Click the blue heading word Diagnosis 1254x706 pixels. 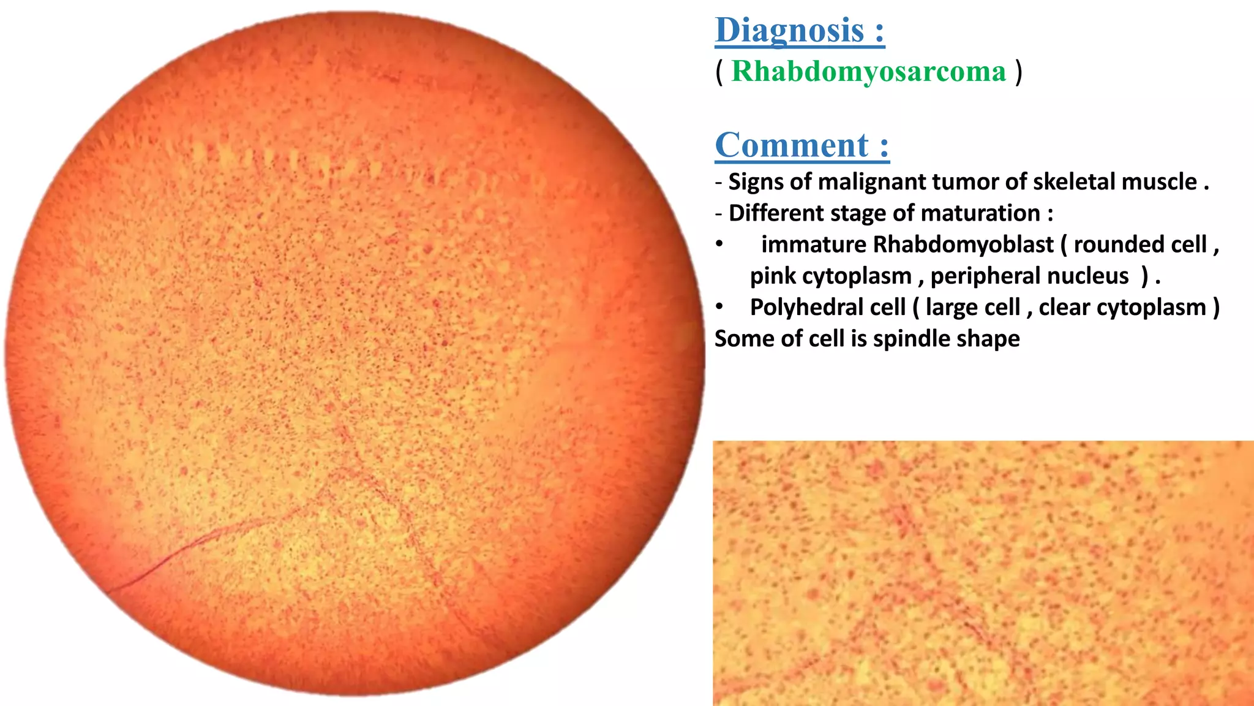click(x=790, y=31)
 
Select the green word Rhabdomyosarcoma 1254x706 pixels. click(x=868, y=72)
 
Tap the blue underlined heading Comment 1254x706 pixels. click(x=792, y=146)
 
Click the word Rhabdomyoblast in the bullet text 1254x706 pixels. click(x=963, y=245)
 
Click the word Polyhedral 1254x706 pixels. click(x=827, y=308)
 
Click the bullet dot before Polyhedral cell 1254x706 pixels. click(x=720, y=306)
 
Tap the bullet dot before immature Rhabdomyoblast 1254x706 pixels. click(x=720, y=244)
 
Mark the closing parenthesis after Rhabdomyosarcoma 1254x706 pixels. click(x=1018, y=72)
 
